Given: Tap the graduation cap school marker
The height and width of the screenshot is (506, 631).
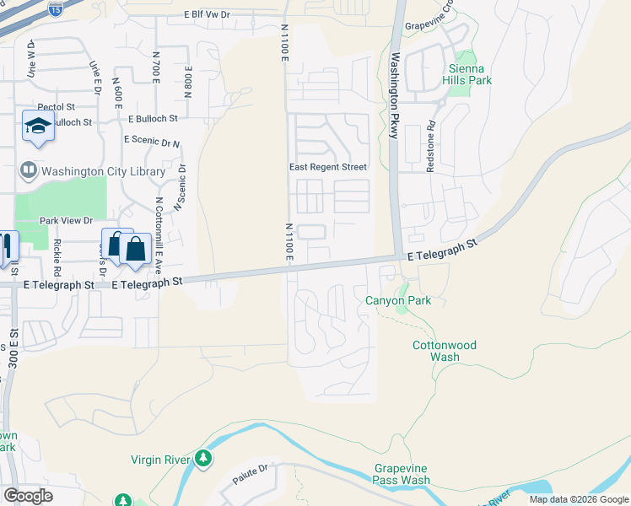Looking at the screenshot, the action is click(x=38, y=126).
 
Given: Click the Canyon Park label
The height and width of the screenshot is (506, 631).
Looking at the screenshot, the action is click(x=397, y=300).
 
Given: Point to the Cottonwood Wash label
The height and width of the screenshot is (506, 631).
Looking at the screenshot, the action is click(x=444, y=351).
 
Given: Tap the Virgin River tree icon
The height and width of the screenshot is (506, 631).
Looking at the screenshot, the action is click(x=202, y=459).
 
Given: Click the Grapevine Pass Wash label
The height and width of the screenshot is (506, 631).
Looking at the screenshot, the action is click(x=402, y=474).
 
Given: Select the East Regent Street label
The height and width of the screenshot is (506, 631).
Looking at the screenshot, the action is click(x=328, y=167).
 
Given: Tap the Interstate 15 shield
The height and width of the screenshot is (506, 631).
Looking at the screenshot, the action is click(x=55, y=9).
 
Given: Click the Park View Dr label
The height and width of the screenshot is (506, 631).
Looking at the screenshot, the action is click(x=65, y=220).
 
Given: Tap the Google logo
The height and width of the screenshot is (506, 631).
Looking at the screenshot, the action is click(x=29, y=496).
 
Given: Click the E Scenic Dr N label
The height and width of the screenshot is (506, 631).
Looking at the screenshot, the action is click(x=152, y=140).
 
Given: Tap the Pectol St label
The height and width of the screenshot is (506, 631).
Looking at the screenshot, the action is click(x=57, y=107).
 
